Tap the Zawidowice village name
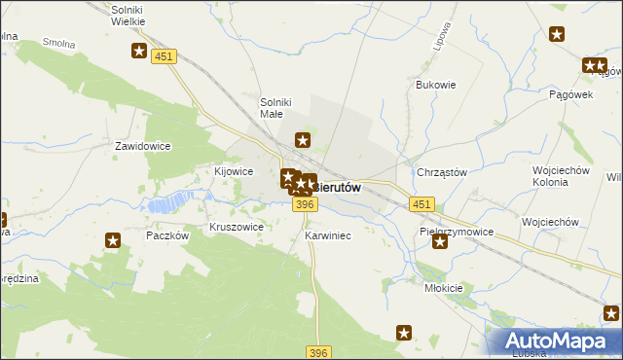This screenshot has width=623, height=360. (x=143, y=146)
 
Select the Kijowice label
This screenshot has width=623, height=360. (x=234, y=171)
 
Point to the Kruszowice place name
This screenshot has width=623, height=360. (x=237, y=227)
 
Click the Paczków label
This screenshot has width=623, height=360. (x=165, y=235)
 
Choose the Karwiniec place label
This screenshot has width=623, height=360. (x=327, y=235)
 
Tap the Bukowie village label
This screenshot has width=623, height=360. (x=436, y=85)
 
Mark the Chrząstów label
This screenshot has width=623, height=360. (x=442, y=172)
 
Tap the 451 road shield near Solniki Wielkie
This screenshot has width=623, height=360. (x=165, y=57)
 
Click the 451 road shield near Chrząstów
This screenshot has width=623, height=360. (x=422, y=203)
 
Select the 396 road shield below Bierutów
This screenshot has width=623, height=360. (x=305, y=203)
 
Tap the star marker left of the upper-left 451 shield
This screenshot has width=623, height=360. (x=140, y=53)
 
